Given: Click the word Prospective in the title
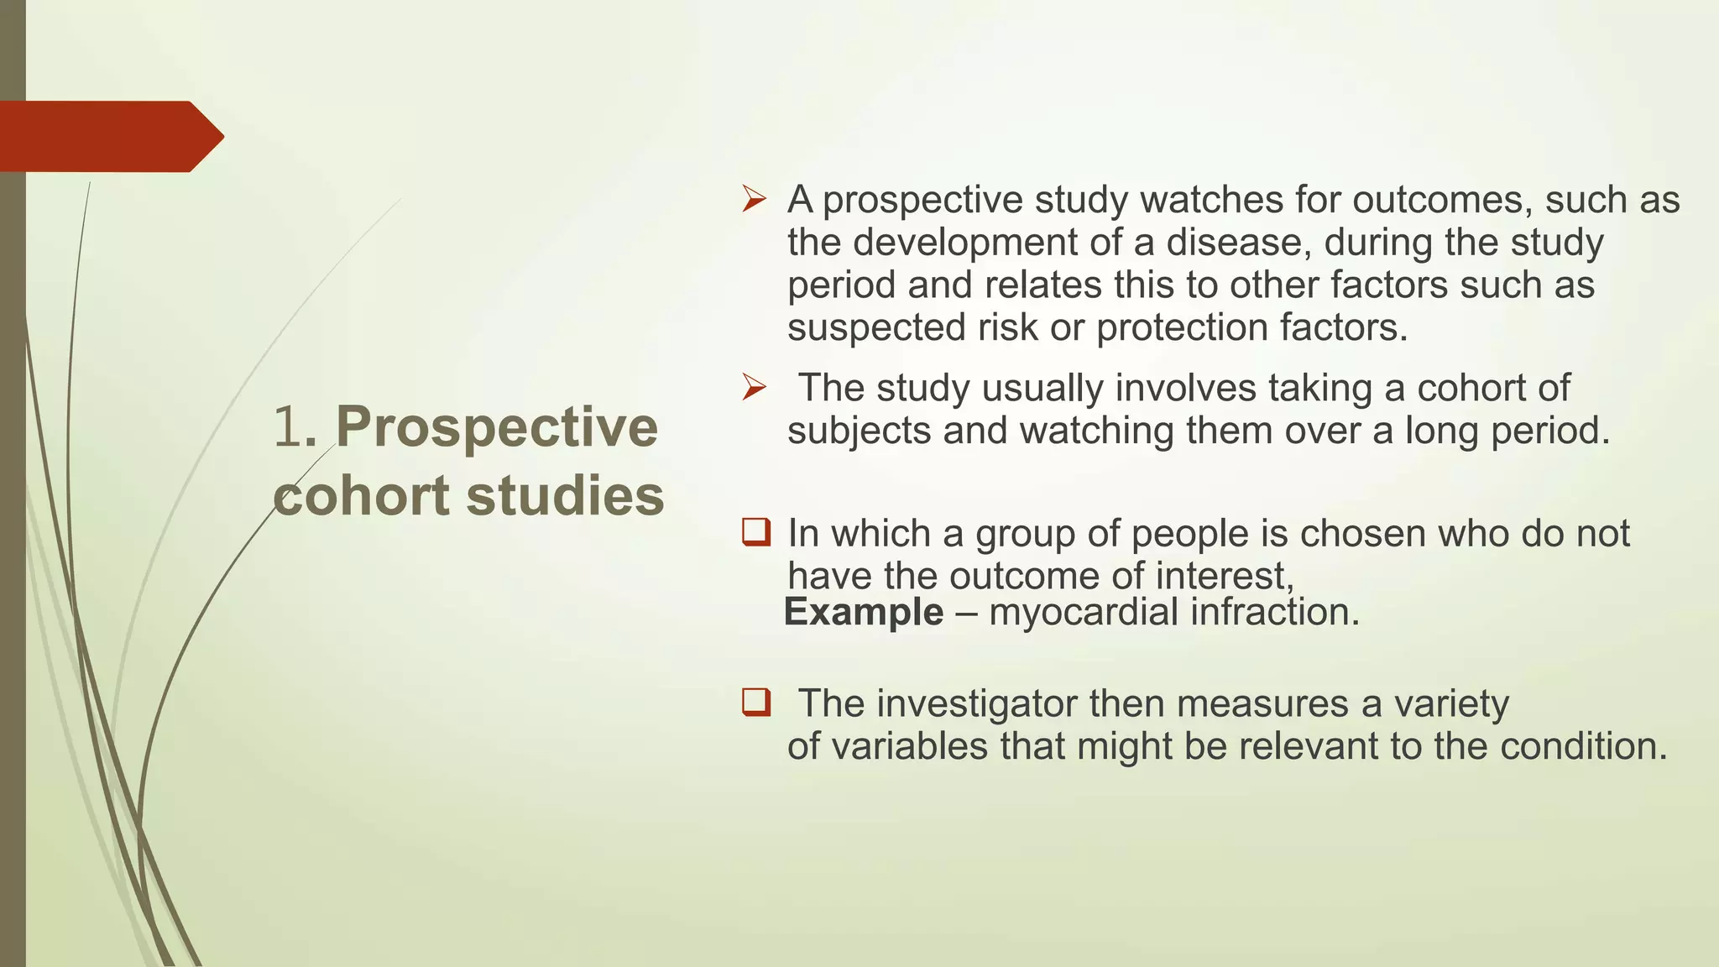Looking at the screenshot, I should click(497, 426).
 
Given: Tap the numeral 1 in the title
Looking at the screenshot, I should click(287, 426).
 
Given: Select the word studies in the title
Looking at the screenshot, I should click(565, 495).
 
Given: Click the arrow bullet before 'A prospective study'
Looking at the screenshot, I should click(754, 200).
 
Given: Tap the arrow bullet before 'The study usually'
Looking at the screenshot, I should click(754, 388).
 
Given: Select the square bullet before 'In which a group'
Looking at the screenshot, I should click(755, 532).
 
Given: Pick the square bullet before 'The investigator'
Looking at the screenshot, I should click(755, 702).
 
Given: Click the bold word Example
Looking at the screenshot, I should click(864, 612).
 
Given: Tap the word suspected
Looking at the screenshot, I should click(876, 327).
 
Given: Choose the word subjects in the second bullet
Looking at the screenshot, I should click(859, 431).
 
